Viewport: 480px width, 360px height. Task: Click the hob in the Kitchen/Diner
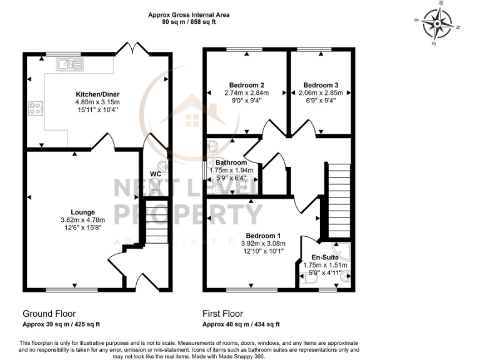pyautogui.click(x=34, y=109)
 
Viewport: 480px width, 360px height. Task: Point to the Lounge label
pyautogui.click(x=82, y=211)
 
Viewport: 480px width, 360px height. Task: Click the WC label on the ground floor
pyautogui.click(x=156, y=174)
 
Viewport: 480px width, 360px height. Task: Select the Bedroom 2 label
pyautogui.click(x=246, y=85)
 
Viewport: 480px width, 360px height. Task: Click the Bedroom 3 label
pyautogui.click(x=321, y=85)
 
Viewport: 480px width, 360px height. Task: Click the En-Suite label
pyautogui.click(x=324, y=257)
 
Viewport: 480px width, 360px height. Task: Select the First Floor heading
pyautogui.click(x=222, y=314)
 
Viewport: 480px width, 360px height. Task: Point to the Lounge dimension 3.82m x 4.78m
pyautogui.click(x=82, y=219)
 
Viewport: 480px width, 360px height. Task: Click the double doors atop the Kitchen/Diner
pyautogui.click(x=136, y=48)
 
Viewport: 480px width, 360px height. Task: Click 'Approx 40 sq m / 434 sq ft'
pyautogui.click(x=241, y=324)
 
